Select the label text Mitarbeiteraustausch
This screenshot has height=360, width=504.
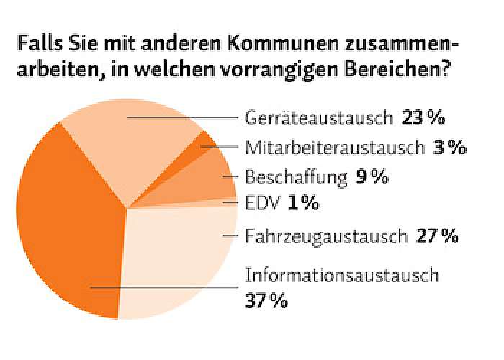(x=335, y=148)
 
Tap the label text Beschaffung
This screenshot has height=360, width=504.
(x=296, y=177)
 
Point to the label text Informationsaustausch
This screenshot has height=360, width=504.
(x=342, y=275)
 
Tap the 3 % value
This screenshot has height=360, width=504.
(x=450, y=148)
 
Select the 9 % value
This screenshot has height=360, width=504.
(x=372, y=177)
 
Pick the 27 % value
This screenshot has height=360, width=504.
(x=437, y=236)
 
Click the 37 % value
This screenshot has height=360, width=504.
(x=267, y=300)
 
